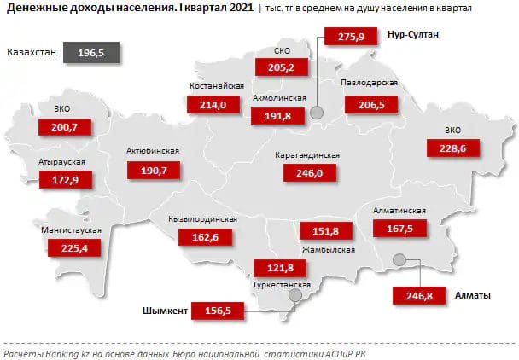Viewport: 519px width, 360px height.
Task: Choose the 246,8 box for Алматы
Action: (417, 295)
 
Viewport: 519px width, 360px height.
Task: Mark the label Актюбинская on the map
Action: (152, 151)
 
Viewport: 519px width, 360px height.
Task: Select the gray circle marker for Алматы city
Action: (399, 259)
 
